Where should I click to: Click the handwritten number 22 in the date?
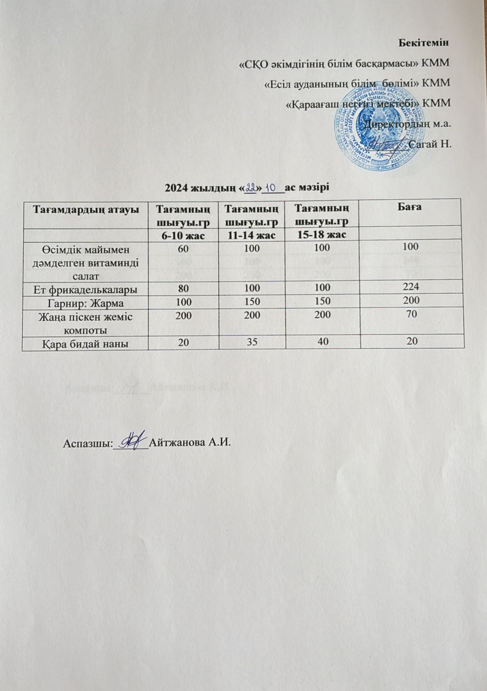(251, 188)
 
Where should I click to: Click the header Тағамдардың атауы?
(85, 209)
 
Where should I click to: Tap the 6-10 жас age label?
(183, 235)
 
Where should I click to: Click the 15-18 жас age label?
(321, 235)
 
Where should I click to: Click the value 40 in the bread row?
(321, 342)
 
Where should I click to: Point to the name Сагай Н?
(430, 144)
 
